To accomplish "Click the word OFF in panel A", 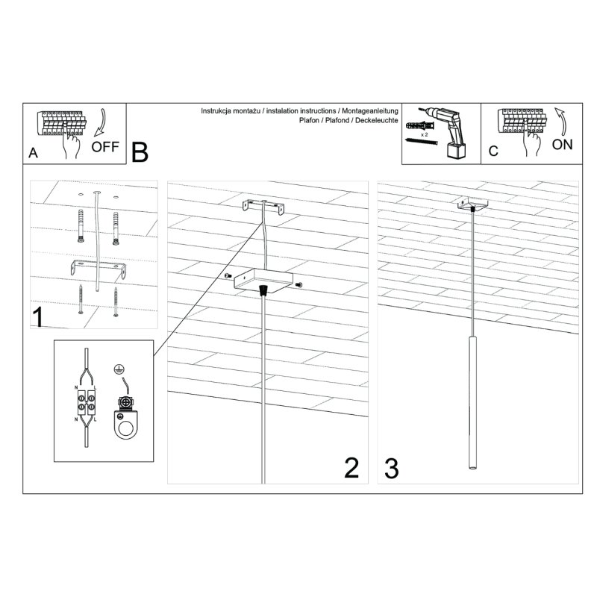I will pyautogui.click(x=106, y=146).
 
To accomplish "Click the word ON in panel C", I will pyautogui.click(x=562, y=144).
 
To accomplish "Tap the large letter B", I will pyautogui.click(x=140, y=151).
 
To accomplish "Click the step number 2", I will pyautogui.click(x=351, y=468).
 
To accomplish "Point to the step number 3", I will pyautogui.click(x=392, y=468).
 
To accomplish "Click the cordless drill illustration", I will pyautogui.click(x=450, y=131).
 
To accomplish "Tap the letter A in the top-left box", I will pyautogui.click(x=33, y=152).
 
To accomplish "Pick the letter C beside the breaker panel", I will pyautogui.click(x=493, y=151).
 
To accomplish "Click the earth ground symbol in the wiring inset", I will pyautogui.click(x=117, y=368).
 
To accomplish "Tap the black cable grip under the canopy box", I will pyautogui.click(x=263, y=289).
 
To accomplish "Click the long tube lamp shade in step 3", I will pyautogui.click(x=472, y=403).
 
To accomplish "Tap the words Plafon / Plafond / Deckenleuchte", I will pyautogui.click(x=348, y=119).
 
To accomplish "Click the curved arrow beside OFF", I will pyautogui.click(x=101, y=122).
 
